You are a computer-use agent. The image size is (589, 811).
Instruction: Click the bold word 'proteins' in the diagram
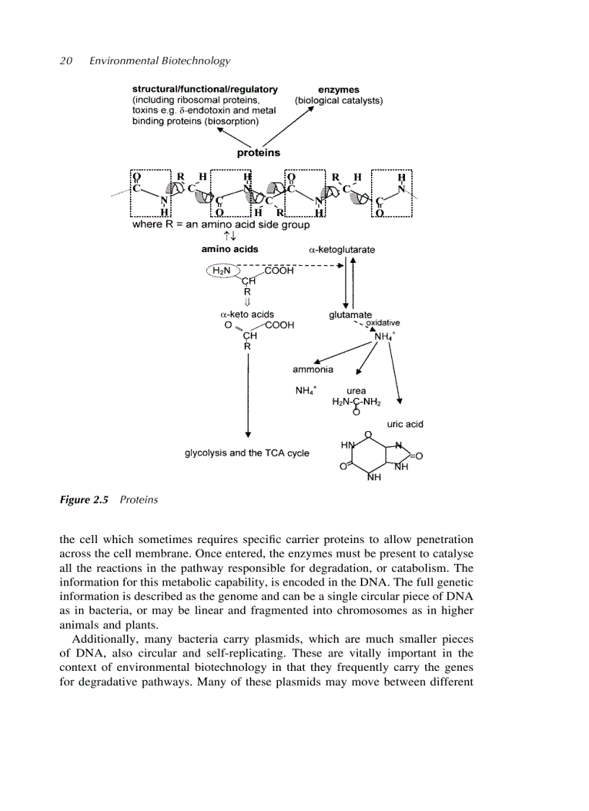click(258, 153)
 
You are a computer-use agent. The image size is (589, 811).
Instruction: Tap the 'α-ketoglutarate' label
click(341, 250)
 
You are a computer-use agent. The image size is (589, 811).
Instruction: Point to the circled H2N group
click(220, 271)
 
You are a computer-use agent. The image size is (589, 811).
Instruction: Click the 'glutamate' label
click(350, 315)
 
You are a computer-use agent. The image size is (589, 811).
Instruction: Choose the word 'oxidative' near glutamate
click(383, 323)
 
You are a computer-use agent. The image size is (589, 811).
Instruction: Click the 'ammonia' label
click(313, 370)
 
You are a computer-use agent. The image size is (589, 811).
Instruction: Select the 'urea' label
click(356, 391)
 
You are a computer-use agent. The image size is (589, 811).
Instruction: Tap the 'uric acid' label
click(405, 424)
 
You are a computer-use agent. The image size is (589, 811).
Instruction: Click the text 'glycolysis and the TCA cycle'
click(247, 453)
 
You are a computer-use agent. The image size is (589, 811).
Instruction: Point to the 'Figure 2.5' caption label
click(83, 500)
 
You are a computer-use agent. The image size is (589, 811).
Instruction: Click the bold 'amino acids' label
click(229, 249)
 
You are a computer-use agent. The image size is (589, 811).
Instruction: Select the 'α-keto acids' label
click(246, 315)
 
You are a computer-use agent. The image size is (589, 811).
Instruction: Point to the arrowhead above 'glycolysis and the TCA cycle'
click(248, 433)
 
